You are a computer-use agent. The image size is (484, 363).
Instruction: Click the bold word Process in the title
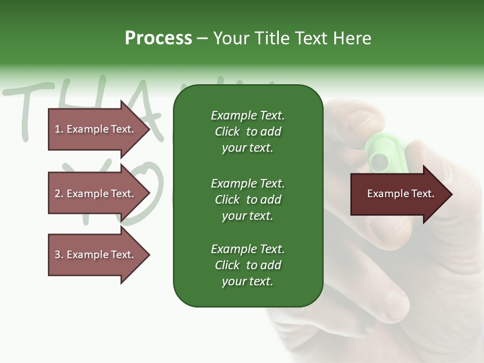point(158,38)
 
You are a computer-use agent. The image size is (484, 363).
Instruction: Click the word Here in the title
point(352,38)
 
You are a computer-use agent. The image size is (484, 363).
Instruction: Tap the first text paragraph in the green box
point(248,132)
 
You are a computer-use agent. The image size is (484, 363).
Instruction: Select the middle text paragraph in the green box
point(248,199)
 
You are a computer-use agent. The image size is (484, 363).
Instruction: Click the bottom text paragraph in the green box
point(248,265)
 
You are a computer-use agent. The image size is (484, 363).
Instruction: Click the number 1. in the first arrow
point(59,129)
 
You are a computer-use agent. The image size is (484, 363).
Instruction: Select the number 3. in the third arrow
point(59,255)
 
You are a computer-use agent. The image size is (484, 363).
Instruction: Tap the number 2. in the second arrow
point(59,194)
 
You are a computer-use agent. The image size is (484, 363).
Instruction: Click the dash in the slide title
point(202,39)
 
